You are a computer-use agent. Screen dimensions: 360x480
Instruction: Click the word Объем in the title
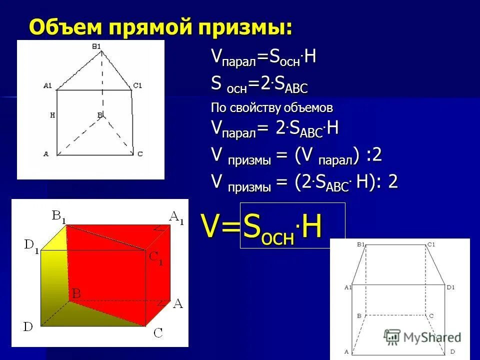point(60,26)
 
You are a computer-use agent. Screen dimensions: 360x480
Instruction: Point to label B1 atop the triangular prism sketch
point(96,46)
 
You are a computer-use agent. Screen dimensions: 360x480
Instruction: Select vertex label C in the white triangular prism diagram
point(140,154)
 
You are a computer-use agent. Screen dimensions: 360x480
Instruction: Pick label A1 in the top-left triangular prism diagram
point(47,85)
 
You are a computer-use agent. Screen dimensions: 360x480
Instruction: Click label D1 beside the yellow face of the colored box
point(31,246)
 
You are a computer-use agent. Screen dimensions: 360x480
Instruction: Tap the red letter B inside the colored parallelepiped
point(76,293)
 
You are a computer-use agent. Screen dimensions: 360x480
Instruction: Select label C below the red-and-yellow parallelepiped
point(158,332)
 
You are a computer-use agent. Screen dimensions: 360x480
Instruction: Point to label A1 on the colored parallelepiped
point(176,217)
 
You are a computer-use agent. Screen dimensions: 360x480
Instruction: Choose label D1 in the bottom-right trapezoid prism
point(450,287)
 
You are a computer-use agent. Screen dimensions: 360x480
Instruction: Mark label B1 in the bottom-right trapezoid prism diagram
point(361,244)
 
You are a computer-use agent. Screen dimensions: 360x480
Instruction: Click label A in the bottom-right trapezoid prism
point(346,351)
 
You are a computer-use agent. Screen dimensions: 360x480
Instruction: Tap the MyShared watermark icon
point(392,337)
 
